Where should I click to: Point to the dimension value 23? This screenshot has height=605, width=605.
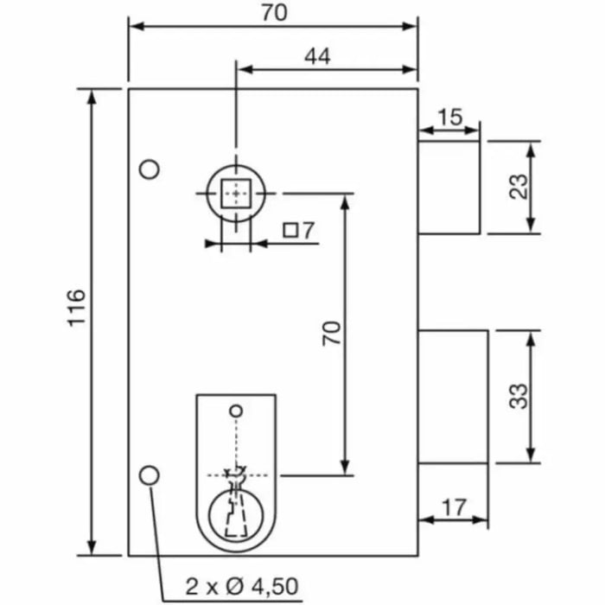coord(518,187)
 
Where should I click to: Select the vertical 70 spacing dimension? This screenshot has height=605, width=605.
coord(332,334)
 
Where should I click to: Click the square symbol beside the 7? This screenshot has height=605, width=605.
coord(291,231)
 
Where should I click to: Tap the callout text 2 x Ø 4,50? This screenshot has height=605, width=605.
coord(242,587)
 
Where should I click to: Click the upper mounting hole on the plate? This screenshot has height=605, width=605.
coord(150,169)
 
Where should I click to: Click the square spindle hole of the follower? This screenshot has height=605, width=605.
coord(234,193)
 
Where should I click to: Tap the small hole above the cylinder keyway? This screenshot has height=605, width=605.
coord(234,409)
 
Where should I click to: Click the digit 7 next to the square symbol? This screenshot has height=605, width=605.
coord(309,231)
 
